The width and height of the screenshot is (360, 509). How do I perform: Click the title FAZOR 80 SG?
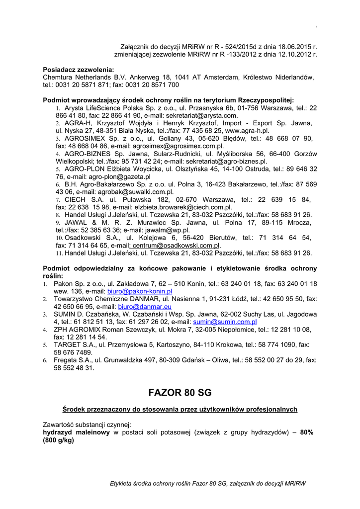coord(180,393)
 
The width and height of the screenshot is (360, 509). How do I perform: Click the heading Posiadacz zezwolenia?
coord(79,70)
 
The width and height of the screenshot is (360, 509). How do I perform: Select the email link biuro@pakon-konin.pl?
coord(140,291)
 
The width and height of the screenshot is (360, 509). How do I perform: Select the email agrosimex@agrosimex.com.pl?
coord(180,146)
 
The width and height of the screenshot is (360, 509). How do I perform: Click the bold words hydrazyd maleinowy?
coord(77,432)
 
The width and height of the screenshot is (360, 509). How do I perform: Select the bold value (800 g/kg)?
coord(59,440)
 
